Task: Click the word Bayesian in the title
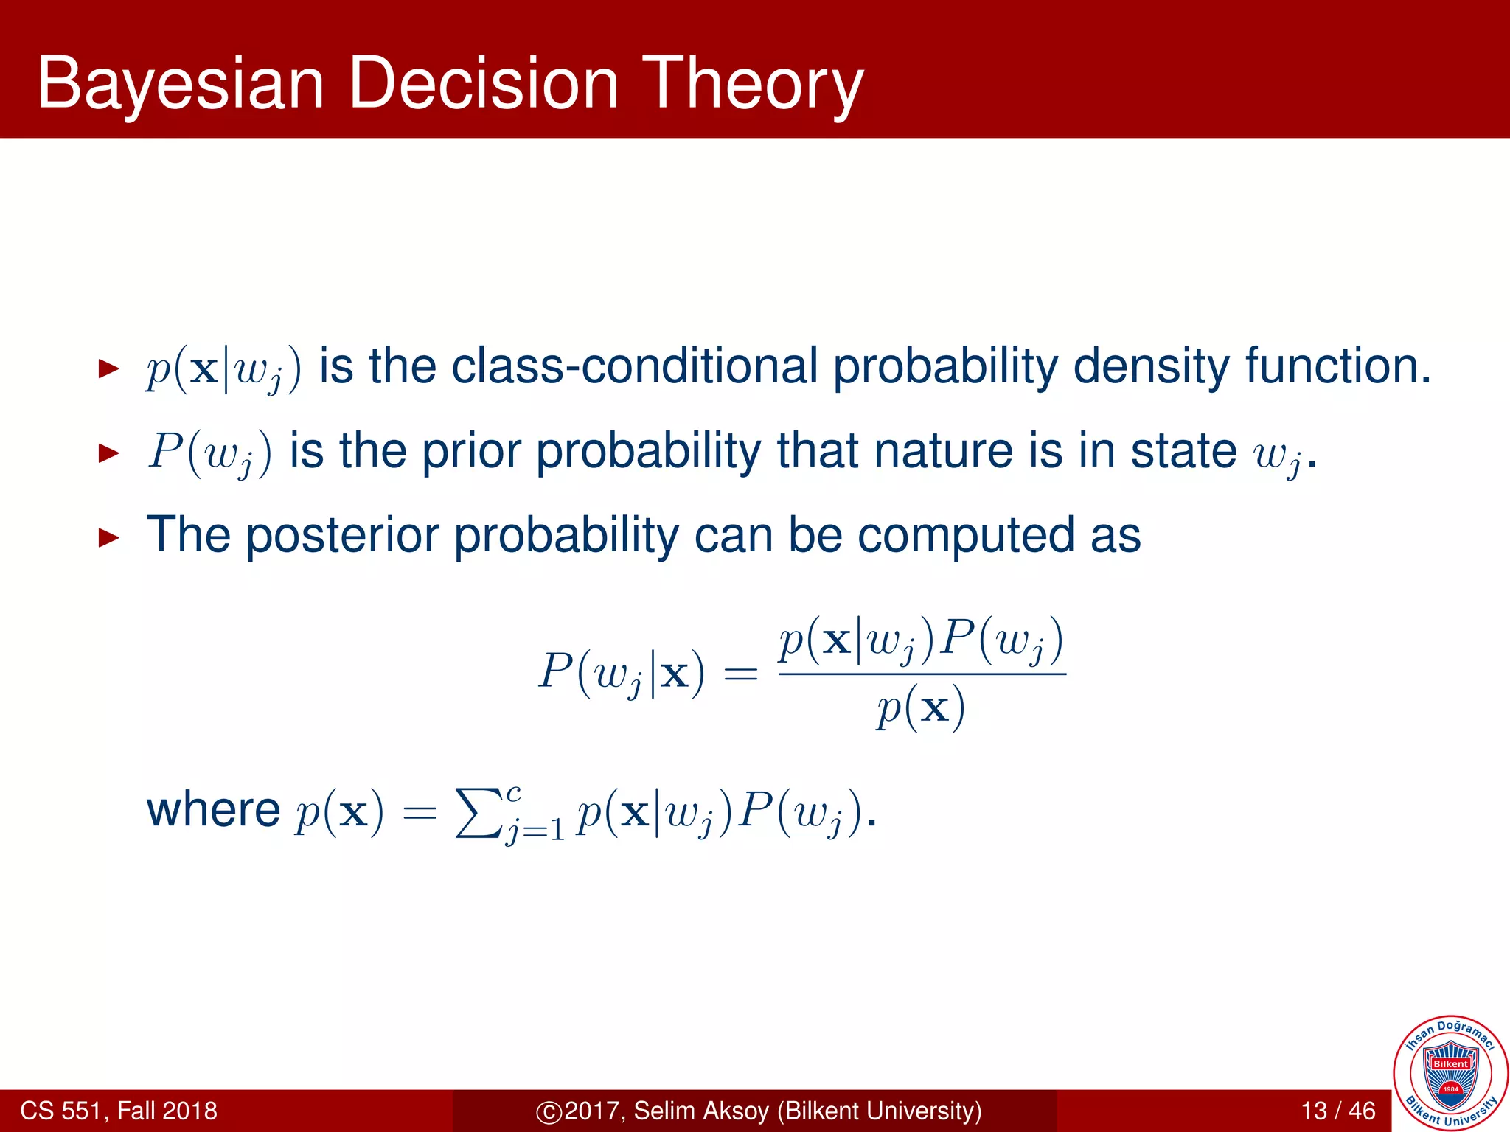tap(181, 85)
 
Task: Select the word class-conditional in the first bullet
tap(635, 366)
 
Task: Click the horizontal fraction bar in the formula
tap(922, 674)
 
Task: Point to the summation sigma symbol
tap(477, 813)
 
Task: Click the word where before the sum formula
tap(213, 810)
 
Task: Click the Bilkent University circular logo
tap(1450, 1073)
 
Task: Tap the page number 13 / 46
tap(1338, 1111)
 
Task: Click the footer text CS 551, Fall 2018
tap(119, 1111)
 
